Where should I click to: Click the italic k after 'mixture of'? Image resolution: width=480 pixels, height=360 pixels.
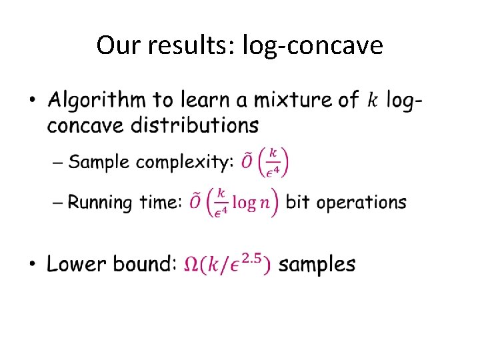(x=372, y=100)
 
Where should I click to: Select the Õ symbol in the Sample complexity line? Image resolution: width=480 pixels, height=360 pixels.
(x=246, y=163)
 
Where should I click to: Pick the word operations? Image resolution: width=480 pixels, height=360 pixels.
(x=361, y=203)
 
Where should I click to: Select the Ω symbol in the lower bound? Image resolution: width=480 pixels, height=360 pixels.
(x=191, y=265)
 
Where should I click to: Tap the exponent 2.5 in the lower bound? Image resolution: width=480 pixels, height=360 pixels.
(x=253, y=257)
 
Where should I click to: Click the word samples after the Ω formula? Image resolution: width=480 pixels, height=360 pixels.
(x=317, y=265)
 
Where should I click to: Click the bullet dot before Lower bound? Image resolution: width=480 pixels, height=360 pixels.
(x=33, y=265)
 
